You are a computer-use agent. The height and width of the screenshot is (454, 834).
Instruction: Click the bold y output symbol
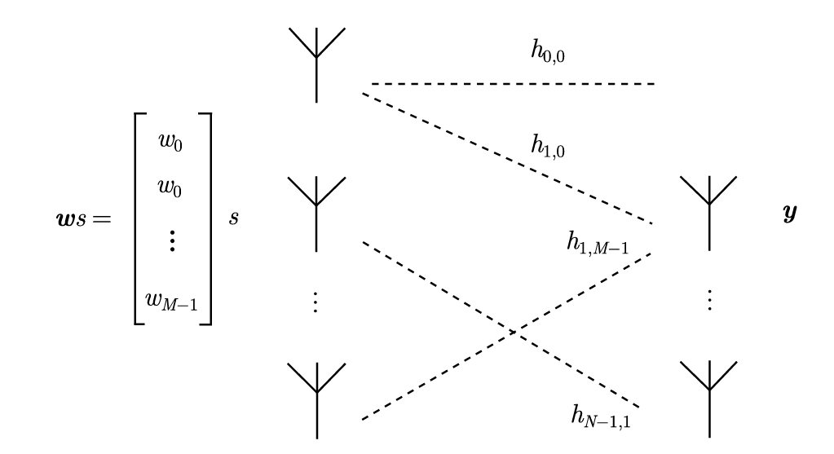click(789, 214)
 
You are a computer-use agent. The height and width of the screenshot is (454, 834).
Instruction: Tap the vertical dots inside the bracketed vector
click(173, 241)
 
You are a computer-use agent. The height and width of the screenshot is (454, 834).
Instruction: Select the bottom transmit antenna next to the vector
click(316, 398)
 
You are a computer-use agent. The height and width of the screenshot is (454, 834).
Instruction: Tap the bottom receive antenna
click(708, 398)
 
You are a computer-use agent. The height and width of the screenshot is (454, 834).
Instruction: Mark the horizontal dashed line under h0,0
click(514, 84)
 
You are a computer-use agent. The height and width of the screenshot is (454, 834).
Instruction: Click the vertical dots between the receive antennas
click(708, 302)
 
